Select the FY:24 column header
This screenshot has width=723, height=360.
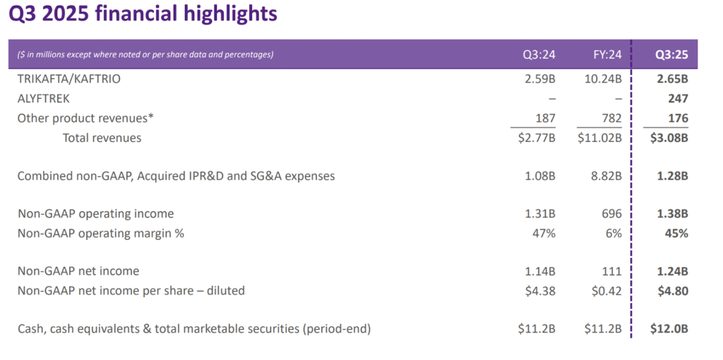coord(607,54)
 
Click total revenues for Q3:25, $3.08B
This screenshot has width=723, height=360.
coord(669,138)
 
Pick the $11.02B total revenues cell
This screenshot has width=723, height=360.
coord(598,138)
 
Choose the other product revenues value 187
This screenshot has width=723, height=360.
coord(546,119)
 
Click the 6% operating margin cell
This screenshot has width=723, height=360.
coord(613,233)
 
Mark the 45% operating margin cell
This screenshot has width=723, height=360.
coord(676,233)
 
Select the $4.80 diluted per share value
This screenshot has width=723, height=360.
coord(672,290)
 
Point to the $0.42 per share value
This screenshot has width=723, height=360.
coord(605,290)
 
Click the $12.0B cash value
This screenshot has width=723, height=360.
coord(669,328)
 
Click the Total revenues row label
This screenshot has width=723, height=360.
coord(102,138)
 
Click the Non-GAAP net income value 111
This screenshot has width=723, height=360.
coord(612,271)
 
